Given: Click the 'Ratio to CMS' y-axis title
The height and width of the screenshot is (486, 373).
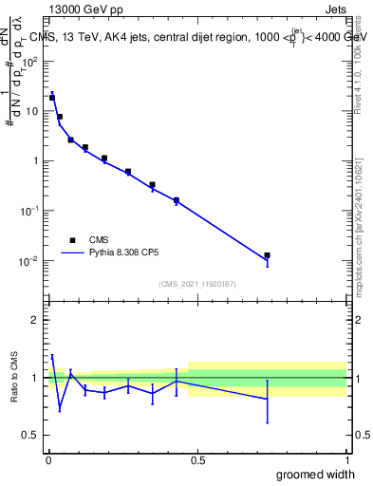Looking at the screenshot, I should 15,377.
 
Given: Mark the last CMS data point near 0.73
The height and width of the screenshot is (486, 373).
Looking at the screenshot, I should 268,255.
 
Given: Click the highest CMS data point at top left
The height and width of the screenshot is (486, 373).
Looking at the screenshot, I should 52,97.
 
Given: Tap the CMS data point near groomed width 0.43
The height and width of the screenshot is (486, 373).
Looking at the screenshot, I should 177,200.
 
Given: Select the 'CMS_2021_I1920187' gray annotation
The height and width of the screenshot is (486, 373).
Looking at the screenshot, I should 197,284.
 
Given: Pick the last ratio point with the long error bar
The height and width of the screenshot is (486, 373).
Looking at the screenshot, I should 268,400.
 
